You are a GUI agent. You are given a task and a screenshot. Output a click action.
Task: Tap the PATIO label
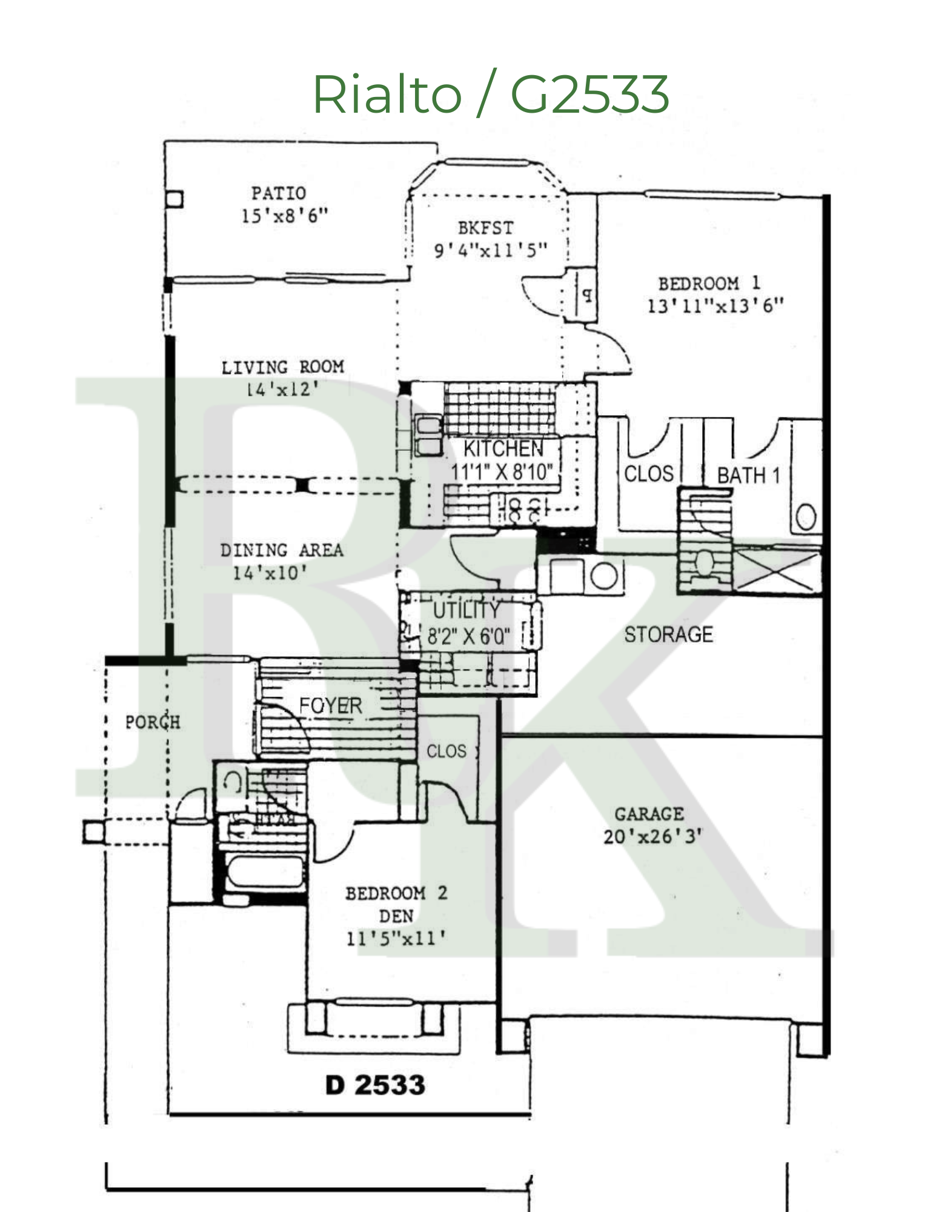tap(279, 193)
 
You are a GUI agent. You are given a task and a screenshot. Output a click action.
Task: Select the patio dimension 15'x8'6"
tap(284, 216)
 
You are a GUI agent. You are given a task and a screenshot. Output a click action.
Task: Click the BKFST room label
tap(486, 228)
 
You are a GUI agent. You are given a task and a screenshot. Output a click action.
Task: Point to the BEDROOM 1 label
tap(709, 284)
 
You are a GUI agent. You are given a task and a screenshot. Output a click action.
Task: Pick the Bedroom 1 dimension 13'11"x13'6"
tap(715, 306)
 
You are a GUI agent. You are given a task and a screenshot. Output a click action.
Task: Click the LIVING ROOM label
tap(282, 367)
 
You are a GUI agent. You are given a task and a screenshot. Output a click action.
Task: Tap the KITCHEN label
tap(503, 449)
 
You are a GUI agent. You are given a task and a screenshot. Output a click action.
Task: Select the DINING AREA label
tap(282, 550)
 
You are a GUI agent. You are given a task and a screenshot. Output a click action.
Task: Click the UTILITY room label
tap(466, 610)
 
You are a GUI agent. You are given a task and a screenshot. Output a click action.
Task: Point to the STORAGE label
tap(668, 634)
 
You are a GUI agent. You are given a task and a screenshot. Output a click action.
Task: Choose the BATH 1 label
tap(748, 476)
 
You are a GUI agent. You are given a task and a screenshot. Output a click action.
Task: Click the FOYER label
tap(330, 705)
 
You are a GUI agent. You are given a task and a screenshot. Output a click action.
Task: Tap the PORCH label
tap(153, 722)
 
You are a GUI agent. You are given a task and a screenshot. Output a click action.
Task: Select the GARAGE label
tap(649, 814)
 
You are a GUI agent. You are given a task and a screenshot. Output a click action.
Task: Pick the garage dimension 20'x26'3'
tap(652, 837)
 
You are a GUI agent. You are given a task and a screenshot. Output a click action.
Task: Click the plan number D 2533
tap(375, 1085)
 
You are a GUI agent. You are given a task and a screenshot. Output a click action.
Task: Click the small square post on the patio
tap(174, 199)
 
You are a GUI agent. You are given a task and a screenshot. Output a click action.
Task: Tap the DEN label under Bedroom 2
tap(396, 916)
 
